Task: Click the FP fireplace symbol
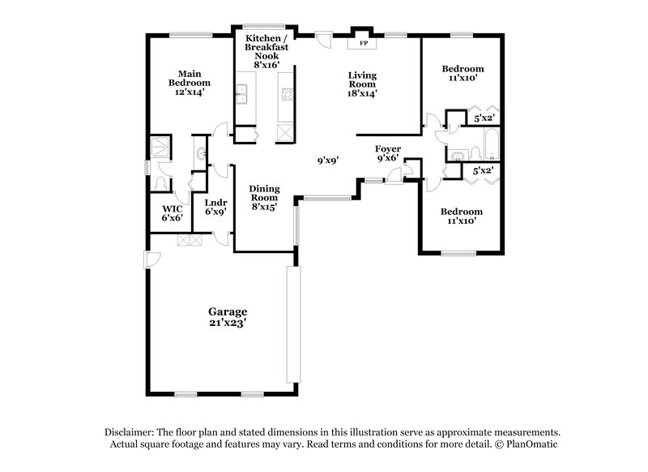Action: [x=362, y=42]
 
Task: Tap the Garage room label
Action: [x=228, y=311]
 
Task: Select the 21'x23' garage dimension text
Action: [x=228, y=323]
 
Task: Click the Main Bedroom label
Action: [x=190, y=78]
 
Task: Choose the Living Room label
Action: [x=362, y=79]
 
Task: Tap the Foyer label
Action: [x=388, y=149]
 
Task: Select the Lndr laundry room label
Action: [x=215, y=203]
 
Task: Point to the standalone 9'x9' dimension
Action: [x=327, y=161]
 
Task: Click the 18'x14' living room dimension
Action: [x=362, y=93]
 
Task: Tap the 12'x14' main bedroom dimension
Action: [x=190, y=92]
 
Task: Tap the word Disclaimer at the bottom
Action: [x=129, y=432]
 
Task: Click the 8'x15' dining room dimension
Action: [x=264, y=208]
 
